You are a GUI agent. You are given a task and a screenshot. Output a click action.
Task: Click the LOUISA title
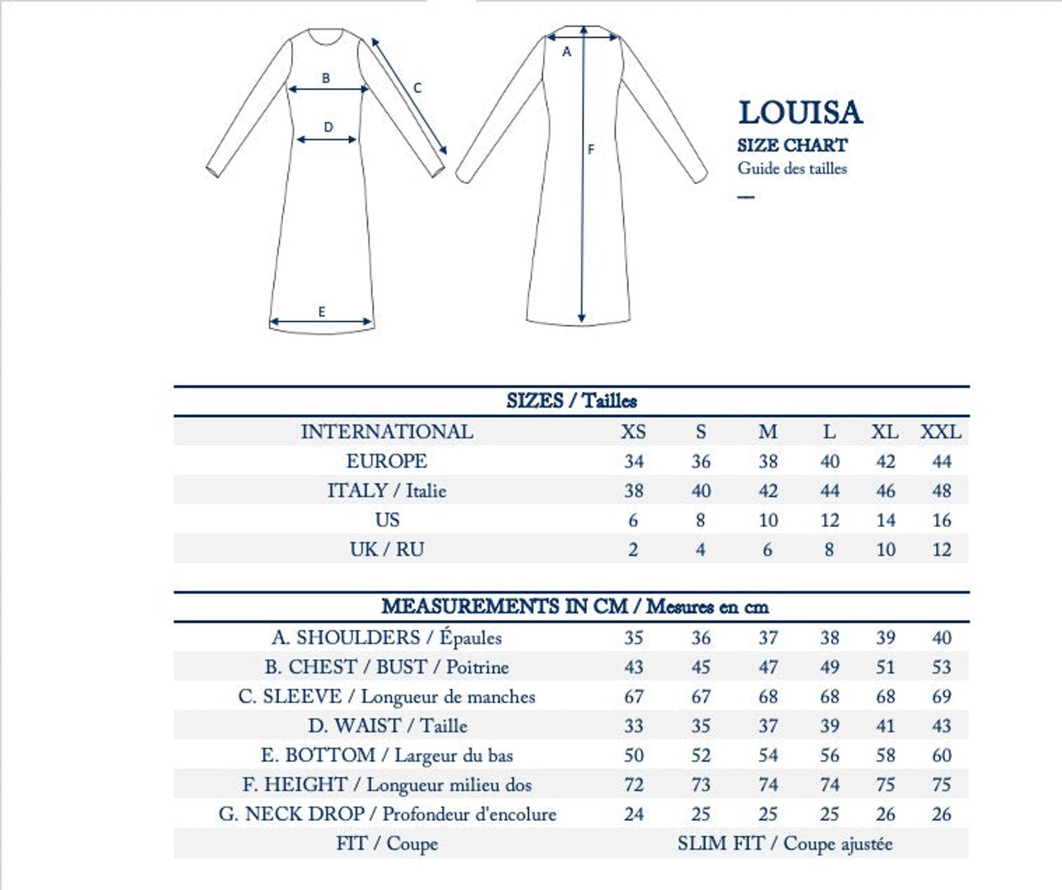[x=800, y=113]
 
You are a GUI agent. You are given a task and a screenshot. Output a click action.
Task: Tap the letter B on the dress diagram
[x=326, y=77]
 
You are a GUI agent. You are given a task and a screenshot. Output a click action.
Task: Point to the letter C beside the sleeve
[x=417, y=88]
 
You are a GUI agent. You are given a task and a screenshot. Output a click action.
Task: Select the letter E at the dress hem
[x=322, y=312]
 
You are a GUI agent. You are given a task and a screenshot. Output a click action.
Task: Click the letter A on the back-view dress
[x=566, y=52]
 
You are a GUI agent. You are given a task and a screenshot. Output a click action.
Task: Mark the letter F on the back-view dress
[x=591, y=150]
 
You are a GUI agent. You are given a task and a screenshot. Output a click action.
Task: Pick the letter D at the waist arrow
[x=329, y=127]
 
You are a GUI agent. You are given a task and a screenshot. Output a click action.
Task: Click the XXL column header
[x=940, y=431]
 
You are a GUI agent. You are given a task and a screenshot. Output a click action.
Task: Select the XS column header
[x=633, y=431]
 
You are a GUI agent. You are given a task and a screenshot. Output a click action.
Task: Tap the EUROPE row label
[x=386, y=461]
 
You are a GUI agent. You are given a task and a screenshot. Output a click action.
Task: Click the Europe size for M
[x=768, y=461]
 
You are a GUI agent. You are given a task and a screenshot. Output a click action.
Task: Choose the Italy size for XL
[x=885, y=490]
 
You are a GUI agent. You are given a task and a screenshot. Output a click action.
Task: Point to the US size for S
[x=700, y=520]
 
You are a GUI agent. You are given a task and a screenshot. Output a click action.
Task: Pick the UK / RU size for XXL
[x=941, y=549]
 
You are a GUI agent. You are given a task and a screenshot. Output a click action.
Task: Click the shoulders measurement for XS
[x=633, y=637]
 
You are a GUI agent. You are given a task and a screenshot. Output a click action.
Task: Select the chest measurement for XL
[x=885, y=667]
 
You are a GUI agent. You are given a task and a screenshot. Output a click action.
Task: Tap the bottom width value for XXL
[x=941, y=755]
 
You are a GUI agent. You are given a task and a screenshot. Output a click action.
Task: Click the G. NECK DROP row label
[x=387, y=814]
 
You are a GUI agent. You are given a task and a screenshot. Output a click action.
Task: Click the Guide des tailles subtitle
[x=792, y=168]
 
